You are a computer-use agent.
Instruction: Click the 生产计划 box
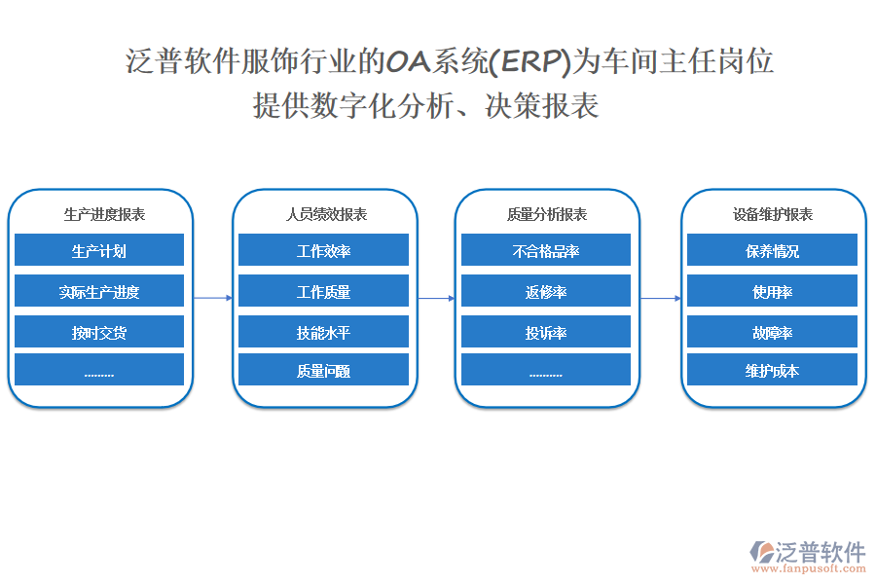point(99,251)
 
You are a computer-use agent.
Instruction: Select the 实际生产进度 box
point(99,292)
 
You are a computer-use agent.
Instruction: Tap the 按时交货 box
point(99,333)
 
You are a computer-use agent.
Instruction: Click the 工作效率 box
point(323,251)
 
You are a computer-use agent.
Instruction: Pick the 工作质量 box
point(323,292)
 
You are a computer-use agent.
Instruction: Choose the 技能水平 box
point(323,333)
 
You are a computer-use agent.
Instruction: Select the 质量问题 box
point(323,371)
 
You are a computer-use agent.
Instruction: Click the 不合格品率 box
point(546,251)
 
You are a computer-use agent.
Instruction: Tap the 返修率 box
point(546,292)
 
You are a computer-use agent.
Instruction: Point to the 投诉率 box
point(546,333)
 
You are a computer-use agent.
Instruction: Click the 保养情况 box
point(772,251)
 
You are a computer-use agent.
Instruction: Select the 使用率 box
point(772,292)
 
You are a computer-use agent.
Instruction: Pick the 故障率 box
point(772,333)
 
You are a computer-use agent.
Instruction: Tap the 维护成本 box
point(772,371)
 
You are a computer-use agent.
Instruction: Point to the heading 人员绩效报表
point(326,214)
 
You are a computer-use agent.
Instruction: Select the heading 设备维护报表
point(773,214)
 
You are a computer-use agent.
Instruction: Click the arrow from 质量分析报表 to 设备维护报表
point(660,298)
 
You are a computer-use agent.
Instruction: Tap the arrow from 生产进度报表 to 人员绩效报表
point(213,298)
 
